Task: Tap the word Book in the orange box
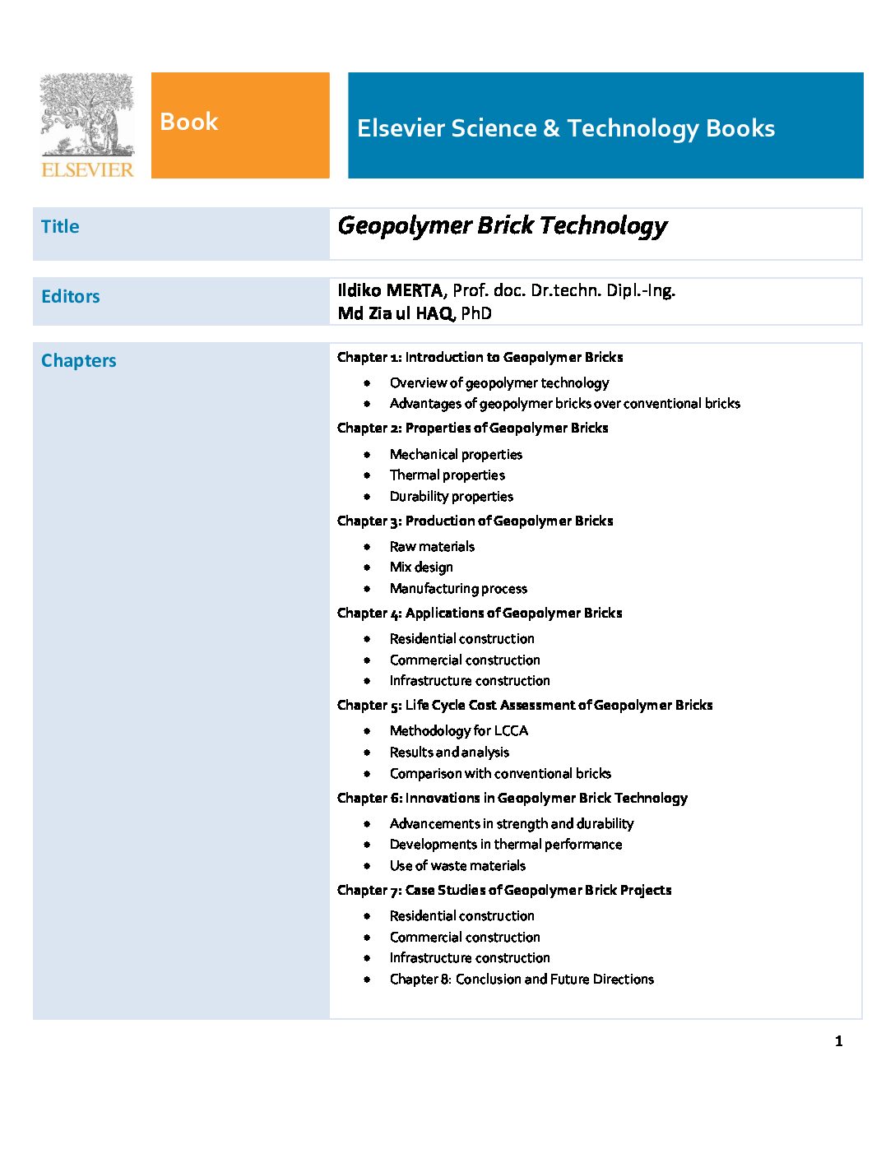click(x=188, y=122)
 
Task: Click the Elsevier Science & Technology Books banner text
click(x=566, y=128)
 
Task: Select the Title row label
click(x=60, y=227)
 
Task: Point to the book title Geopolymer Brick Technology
click(x=502, y=226)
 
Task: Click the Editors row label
click(x=71, y=297)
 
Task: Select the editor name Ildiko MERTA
click(x=390, y=290)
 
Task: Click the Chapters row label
click(x=79, y=361)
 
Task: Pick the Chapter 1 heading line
click(x=480, y=357)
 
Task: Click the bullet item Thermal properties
click(x=447, y=475)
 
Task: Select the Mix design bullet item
click(x=421, y=567)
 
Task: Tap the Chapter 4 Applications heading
click(x=480, y=613)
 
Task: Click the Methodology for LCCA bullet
click(x=459, y=731)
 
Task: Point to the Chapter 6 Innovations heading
click(x=512, y=798)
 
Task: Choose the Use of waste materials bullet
click(x=457, y=866)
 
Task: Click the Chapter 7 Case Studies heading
click(x=504, y=890)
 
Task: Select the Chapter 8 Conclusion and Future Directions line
click(x=522, y=980)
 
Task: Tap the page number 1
click(x=838, y=1041)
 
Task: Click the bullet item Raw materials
click(x=432, y=547)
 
